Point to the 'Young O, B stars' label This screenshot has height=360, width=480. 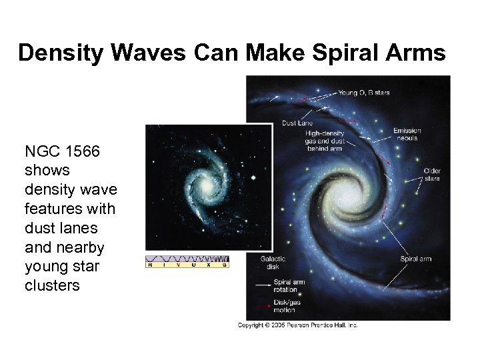click(x=364, y=93)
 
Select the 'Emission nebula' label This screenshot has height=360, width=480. click(x=407, y=134)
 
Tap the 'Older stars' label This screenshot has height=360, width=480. click(x=432, y=175)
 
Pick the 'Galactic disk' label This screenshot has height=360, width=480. click(x=274, y=263)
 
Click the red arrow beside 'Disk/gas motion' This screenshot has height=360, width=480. click(x=259, y=307)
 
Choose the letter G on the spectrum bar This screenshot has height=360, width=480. click(x=225, y=265)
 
